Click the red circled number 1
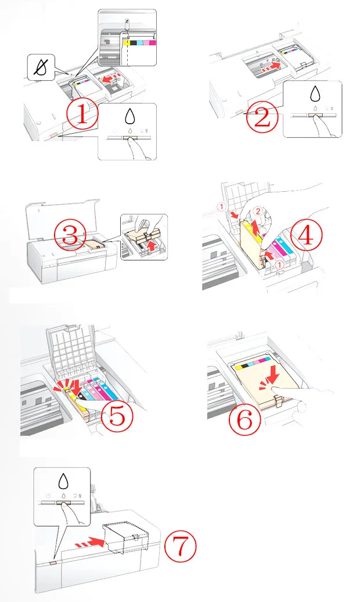(82, 114)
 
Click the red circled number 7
(180, 546)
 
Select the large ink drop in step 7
(63, 480)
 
